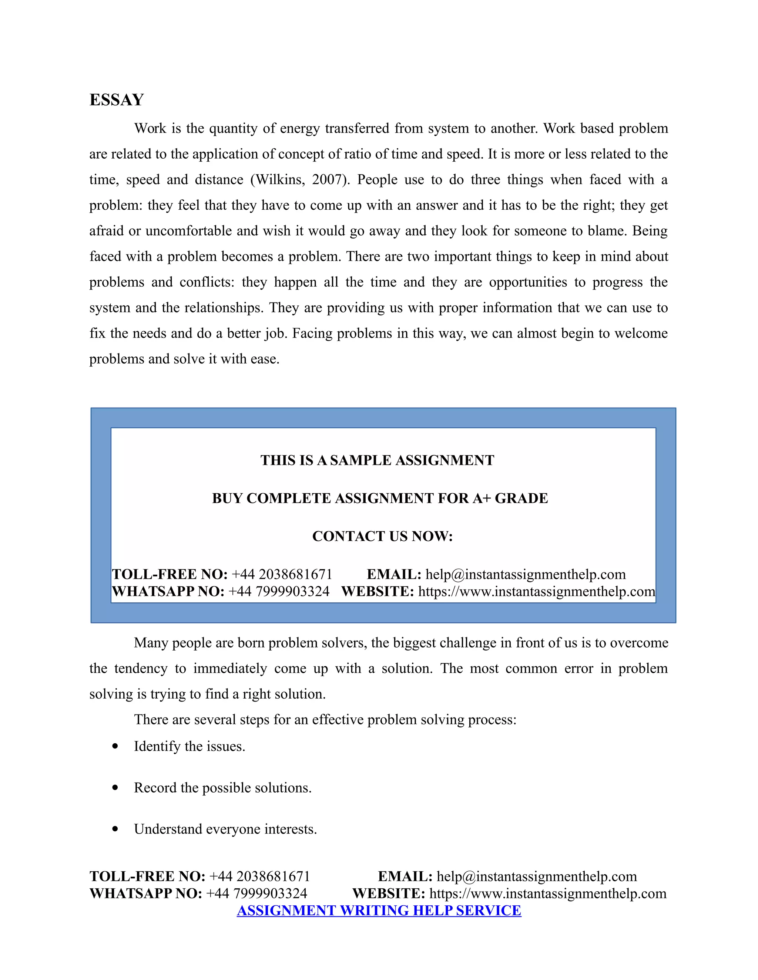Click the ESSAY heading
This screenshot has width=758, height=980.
point(116,99)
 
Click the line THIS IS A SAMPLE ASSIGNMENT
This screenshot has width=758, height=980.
point(377,460)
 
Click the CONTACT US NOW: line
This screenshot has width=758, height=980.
point(382,536)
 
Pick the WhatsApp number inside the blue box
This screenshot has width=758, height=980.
point(279,591)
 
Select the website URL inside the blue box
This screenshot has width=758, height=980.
point(537,591)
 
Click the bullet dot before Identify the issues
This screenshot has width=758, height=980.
point(115,746)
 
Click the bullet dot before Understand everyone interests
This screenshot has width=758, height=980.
point(115,829)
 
